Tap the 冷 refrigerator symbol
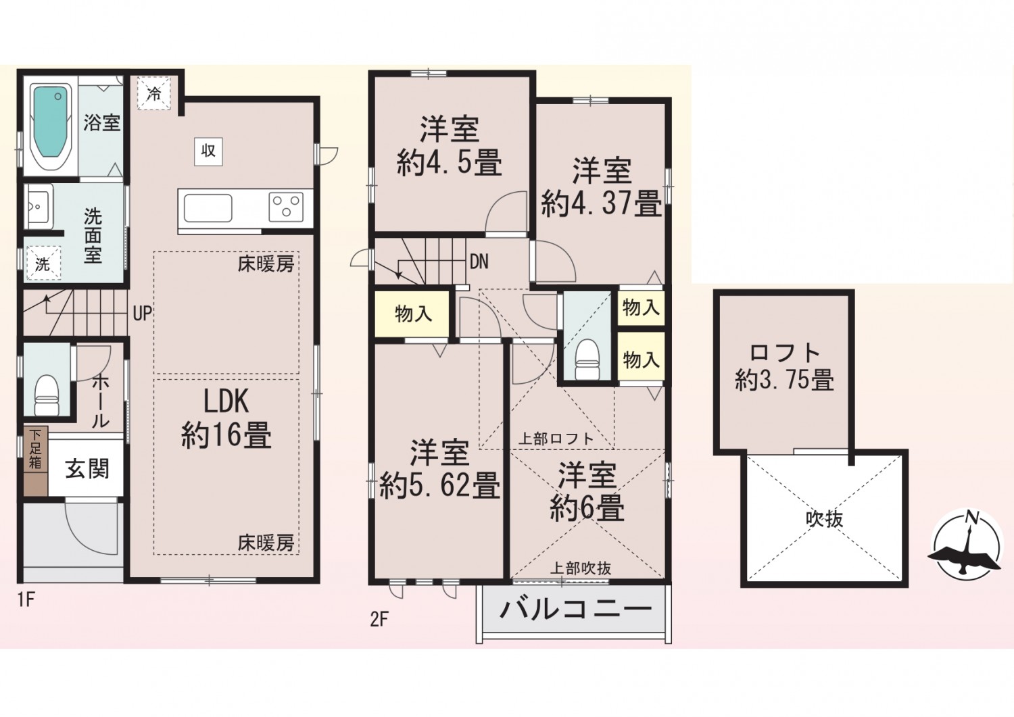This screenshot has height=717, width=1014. tap(154, 93)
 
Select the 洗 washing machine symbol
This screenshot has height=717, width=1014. tap(43, 264)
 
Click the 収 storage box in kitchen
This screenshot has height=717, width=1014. tap(208, 150)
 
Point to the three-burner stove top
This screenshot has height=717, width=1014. tap(286, 206)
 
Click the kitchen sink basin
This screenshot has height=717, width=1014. tap(206, 207)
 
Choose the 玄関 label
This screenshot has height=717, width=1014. tap(87, 468)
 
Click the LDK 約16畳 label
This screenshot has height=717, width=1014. tap(226, 419)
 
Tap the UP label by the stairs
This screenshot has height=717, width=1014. tap(142, 314)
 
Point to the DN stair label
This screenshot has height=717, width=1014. tap(479, 262)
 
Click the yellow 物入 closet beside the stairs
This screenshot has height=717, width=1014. tap(412, 314)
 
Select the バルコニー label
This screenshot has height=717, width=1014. tap(575, 608)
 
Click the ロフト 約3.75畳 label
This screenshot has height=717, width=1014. tap(784, 367)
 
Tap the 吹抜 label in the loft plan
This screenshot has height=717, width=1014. tap(824, 519)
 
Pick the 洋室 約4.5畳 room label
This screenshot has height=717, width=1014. tap(450, 147)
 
